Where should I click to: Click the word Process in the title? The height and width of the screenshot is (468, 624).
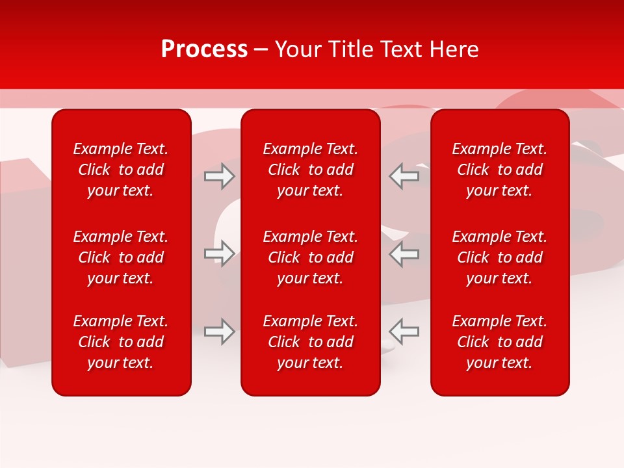click(204, 49)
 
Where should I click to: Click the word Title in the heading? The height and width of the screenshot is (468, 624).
click(348, 49)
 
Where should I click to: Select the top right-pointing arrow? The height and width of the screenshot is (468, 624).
click(219, 176)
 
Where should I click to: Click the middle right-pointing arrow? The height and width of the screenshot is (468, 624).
click(219, 253)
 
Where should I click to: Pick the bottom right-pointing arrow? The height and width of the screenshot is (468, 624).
click(219, 331)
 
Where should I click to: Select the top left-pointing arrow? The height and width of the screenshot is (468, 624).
click(404, 176)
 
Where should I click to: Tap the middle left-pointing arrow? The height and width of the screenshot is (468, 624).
click(404, 253)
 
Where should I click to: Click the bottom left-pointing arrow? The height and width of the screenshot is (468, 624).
click(404, 331)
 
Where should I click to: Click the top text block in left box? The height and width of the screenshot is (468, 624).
click(121, 170)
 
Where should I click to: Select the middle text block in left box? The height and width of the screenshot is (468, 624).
click(121, 257)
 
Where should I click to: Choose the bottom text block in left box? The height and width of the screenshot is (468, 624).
click(121, 342)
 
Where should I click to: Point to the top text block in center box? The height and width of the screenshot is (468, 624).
click(311, 170)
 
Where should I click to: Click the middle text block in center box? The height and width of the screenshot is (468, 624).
click(311, 257)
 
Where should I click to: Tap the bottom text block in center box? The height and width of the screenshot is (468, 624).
click(311, 342)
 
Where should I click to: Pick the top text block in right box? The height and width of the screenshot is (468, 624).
click(500, 170)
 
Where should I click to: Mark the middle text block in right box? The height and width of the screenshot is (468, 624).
click(500, 257)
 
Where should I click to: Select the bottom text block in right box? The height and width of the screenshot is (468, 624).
click(500, 342)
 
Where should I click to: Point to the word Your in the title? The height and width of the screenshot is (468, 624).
click(297, 49)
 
